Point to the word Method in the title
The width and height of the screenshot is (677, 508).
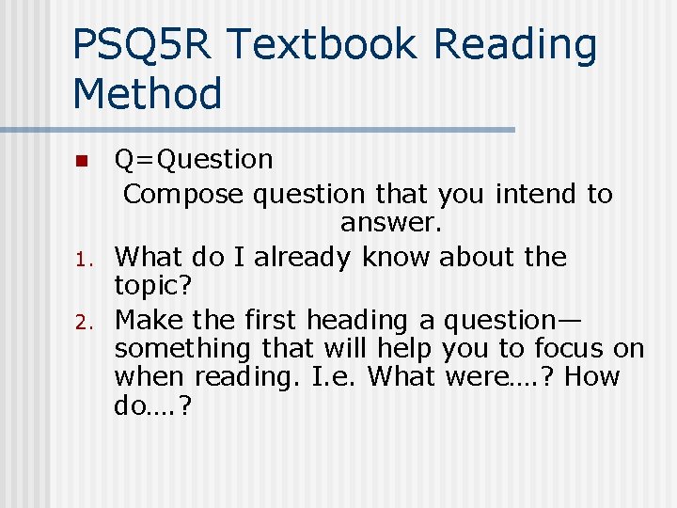[x=147, y=94]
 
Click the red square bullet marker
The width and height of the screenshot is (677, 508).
[x=82, y=161]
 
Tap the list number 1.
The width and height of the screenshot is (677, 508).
[x=82, y=259]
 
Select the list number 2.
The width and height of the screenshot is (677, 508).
[x=82, y=323]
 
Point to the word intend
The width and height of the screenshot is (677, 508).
[x=536, y=194]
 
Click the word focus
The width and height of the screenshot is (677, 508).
[x=570, y=349]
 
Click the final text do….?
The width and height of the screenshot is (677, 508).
[x=153, y=405]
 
